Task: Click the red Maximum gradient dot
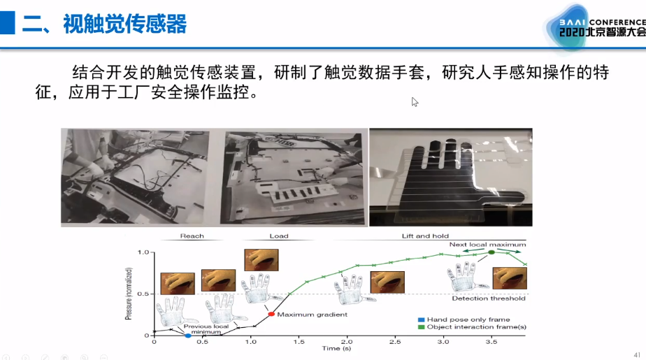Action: (x=271, y=314)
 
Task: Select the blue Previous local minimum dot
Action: (x=188, y=336)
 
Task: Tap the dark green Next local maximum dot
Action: (x=491, y=252)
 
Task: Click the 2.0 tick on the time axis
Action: (x=347, y=341)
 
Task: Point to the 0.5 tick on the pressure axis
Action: (x=143, y=294)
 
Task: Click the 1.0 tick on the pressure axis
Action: (x=143, y=252)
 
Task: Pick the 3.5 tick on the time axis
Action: (x=491, y=341)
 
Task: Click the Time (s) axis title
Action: (x=336, y=349)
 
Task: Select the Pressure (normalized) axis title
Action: (x=129, y=294)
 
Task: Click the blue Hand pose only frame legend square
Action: (x=421, y=319)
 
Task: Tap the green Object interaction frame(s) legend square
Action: (x=421, y=327)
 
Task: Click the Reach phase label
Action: (x=192, y=236)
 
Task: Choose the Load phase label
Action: (x=279, y=236)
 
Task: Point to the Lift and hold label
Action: (x=425, y=236)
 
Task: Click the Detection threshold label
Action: (x=489, y=298)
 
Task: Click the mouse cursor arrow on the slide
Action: (x=414, y=101)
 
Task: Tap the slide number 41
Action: (x=637, y=354)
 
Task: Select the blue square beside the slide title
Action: (x=8, y=22)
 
